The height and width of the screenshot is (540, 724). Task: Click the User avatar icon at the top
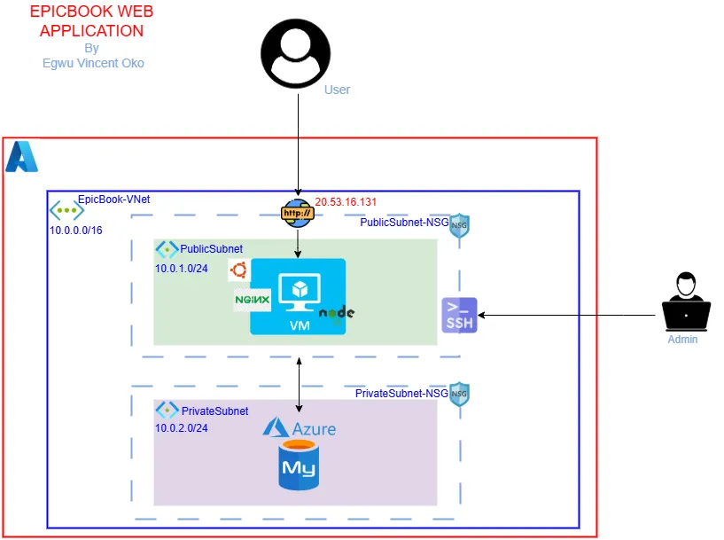tap(297, 54)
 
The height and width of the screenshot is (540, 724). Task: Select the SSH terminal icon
tap(459, 315)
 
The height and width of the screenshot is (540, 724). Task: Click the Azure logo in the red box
tap(22, 157)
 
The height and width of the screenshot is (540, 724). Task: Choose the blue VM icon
tap(297, 296)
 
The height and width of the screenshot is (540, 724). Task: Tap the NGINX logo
tap(251, 301)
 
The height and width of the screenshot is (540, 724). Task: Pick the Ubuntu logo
tap(237, 271)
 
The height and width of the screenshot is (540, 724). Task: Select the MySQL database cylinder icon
tap(299, 465)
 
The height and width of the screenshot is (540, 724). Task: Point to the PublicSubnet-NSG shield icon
tap(458, 225)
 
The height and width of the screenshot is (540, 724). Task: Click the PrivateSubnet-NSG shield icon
tap(458, 394)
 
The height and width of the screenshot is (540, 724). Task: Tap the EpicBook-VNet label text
tap(114, 200)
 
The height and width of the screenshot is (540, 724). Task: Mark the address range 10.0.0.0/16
tap(76, 231)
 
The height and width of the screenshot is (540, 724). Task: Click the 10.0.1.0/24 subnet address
tap(183, 267)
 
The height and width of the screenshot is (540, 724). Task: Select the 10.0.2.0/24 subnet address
tap(183, 428)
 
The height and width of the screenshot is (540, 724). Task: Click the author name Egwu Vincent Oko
tap(93, 63)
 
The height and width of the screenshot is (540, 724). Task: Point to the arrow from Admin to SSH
tap(567, 314)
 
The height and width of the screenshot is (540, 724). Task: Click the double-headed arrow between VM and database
tap(299, 385)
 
